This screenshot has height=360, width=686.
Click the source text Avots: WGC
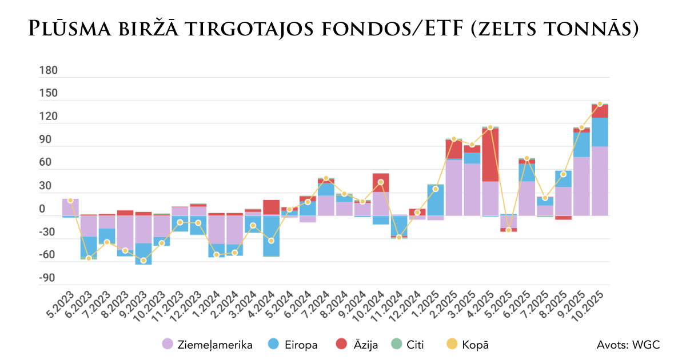click(x=628, y=345)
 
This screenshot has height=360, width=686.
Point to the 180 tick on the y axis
click(x=49, y=71)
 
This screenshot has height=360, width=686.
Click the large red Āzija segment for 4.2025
click(x=490, y=154)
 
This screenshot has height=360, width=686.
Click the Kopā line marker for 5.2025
click(x=508, y=230)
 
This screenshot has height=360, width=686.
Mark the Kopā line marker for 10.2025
click(x=600, y=104)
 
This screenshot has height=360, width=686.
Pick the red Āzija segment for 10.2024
click(x=381, y=182)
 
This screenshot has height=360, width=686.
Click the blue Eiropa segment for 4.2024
click(x=272, y=235)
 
